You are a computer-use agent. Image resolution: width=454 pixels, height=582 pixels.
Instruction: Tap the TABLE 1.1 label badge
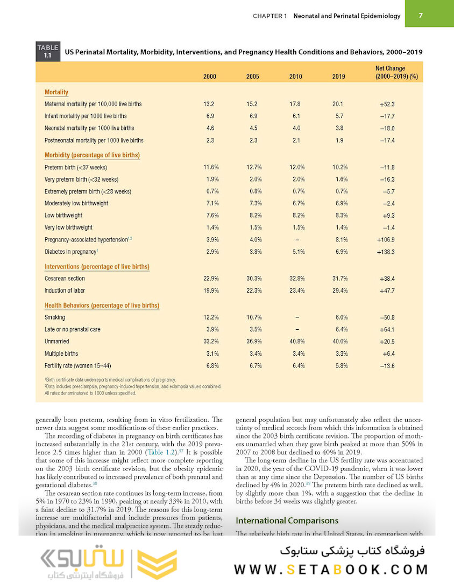pos(48,52)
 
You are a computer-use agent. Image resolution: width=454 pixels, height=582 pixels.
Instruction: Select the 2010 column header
pos(295,77)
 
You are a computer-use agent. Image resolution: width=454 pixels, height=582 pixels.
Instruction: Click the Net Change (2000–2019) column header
pos(391,73)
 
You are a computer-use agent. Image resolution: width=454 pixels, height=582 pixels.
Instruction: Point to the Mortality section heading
pos(56,92)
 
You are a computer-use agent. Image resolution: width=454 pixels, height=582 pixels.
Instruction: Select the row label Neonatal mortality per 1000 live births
pos(89,128)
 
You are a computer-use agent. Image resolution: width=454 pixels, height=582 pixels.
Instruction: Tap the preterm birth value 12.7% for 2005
pos(252,167)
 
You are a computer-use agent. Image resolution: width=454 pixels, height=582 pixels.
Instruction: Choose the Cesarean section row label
pos(65,279)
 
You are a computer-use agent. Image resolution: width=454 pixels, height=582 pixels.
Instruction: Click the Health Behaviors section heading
pos(102,306)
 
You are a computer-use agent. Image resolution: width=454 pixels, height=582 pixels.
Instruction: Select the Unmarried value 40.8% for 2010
pos(296,342)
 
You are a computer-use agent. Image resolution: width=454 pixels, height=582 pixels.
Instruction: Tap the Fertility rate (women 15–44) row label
pos(78,366)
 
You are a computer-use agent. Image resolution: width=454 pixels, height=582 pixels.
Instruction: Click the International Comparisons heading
pos(287,521)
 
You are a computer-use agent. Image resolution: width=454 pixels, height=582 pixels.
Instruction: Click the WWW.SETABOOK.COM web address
pos(331,569)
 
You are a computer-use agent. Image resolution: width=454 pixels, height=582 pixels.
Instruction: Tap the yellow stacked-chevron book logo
pos(157,563)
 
